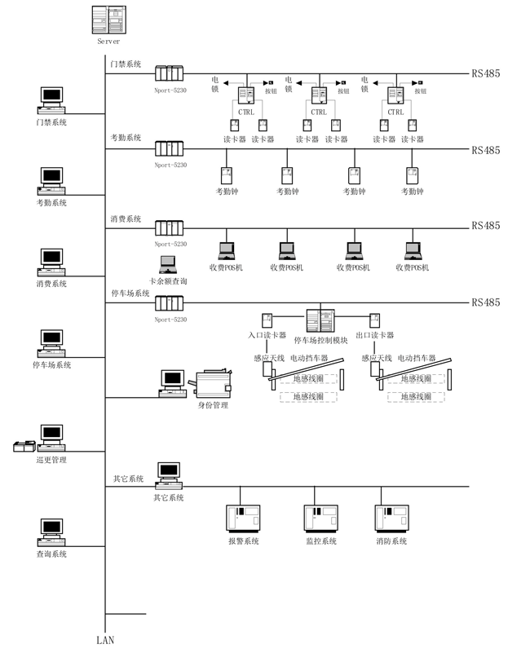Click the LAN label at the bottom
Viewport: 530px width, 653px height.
coord(105,640)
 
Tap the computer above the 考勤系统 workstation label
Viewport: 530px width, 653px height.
coord(51,180)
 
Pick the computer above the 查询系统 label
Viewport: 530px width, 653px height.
coord(51,532)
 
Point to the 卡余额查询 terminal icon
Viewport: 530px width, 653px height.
coord(168,264)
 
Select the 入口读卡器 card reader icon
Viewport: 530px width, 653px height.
coord(267,320)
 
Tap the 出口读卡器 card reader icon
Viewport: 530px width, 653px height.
coord(376,320)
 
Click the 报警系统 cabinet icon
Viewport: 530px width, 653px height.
coord(242,519)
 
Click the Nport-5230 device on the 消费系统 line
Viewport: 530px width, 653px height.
coord(170,228)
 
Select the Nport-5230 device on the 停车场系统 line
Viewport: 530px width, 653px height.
coord(170,303)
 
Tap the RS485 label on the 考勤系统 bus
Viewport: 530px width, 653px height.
coord(485,151)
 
